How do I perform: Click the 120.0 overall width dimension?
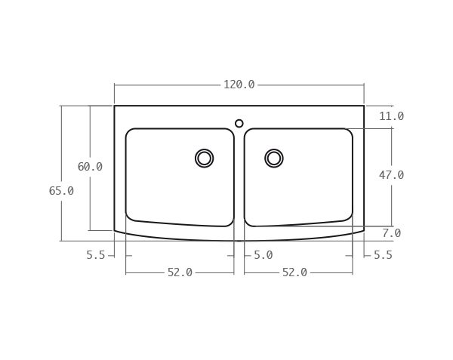point(239,85)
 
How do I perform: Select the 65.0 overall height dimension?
point(61,191)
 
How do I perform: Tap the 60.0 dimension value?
point(90,167)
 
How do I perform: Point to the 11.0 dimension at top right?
point(391,116)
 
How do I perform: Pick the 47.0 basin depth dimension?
point(391,175)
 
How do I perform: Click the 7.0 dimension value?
point(391,233)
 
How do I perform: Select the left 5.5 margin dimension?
point(96,255)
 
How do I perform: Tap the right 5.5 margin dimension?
point(383,255)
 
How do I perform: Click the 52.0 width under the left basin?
point(180,272)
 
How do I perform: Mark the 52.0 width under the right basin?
point(294,272)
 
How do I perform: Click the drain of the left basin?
point(204,158)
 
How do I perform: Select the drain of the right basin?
point(274,158)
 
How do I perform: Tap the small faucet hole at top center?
point(239,123)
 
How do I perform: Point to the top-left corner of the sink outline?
point(115,106)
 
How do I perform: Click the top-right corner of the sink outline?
point(364,106)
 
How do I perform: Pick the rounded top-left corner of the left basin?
point(129,132)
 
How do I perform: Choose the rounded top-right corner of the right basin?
point(349,132)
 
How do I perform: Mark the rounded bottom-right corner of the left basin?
point(230,223)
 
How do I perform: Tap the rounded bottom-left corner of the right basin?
point(248,223)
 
